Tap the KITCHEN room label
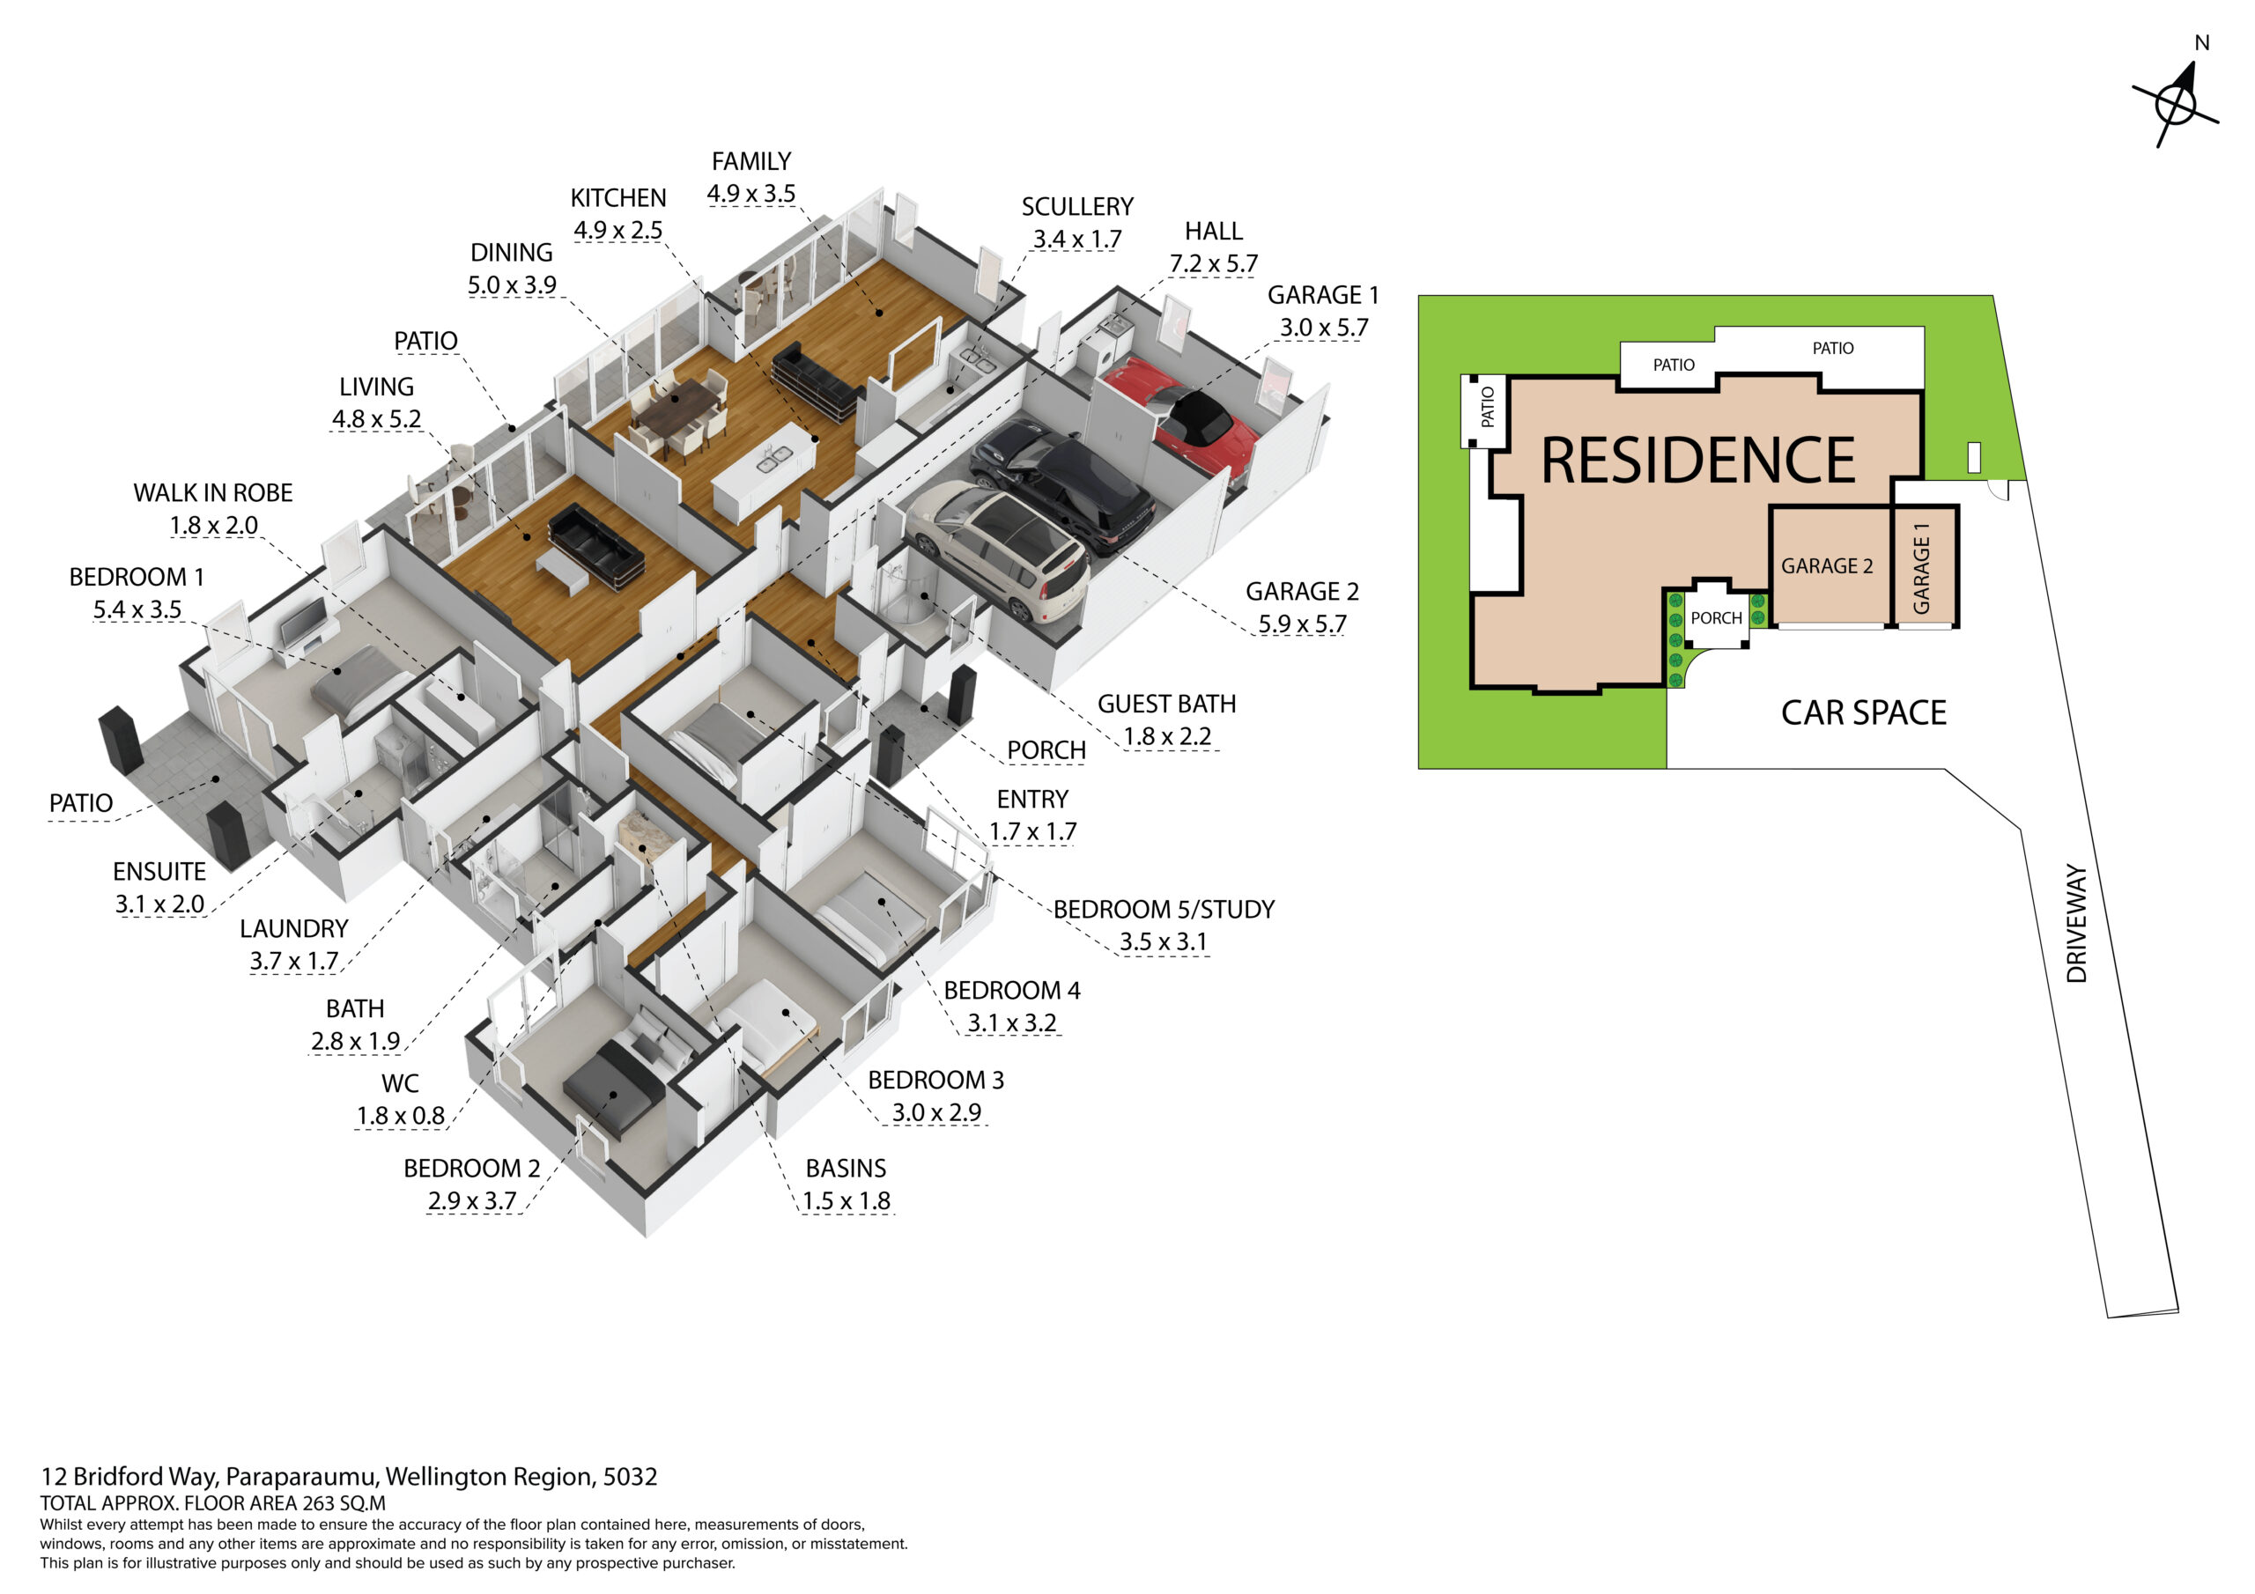pyautogui.click(x=617, y=198)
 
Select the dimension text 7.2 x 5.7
pyautogui.click(x=1213, y=263)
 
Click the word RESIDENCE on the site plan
pyautogui.click(x=1698, y=460)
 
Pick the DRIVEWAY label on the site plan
pyautogui.click(x=2076, y=923)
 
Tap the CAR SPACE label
pyautogui.click(x=1863, y=713)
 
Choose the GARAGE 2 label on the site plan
pyautogui.click(x=1827, y=565)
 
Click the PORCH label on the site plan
pyautogui.click(x=1716, y=617)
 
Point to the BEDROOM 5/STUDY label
pyautogui.click(x=1164, y=910)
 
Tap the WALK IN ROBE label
pyautogui.click(x=213, y=493)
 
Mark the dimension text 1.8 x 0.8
pyautogui.click(x=400, y=1116)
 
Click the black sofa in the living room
pyautogui.click(x=596, y=546)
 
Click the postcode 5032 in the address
pyautogui.click(x=630, y=1476)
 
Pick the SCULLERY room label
pyautogui.click(x=1077, y=207)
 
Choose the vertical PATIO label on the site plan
pyautogui.click(x=1487, y=407)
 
